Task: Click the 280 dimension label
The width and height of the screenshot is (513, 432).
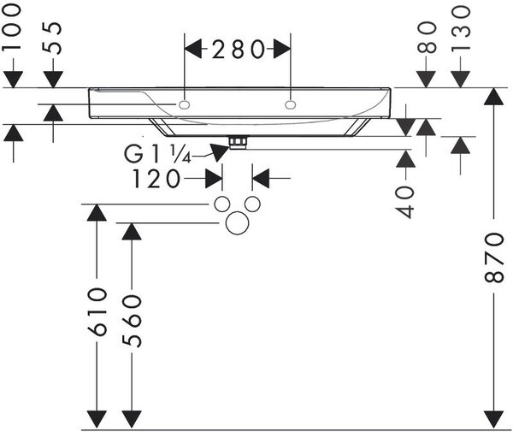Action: pyautogui.click(x=238, y=50)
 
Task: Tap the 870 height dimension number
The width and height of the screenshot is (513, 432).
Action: pyautogui.click(x=493, y=257)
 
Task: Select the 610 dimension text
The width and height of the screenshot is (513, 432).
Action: pyautogui.click(x=97, y=311)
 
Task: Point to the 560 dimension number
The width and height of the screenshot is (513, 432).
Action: pyautogui.click(x=132, y=321)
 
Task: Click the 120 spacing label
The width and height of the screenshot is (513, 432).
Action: pyautogui.click(x=156, y=179)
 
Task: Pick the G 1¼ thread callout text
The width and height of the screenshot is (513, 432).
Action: pyautogui.click(x=157, y=155)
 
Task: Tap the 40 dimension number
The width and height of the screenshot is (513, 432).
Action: pyautogui.click(x=404, y=202)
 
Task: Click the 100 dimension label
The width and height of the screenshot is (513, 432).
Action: pyautogui.click(x=12, y=27)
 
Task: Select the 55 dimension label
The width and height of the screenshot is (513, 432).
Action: pyautogui.click(x=52, y=38)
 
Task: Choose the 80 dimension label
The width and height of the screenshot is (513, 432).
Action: pyautogui.click(x=427, y=38)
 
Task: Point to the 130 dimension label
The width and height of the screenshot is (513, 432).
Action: pyautogui.click(x=461, y=29)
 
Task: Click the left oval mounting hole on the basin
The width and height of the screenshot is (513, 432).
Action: pyautogui.click(x=184, y=104)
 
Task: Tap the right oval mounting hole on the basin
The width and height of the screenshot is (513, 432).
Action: pyautogui.click(x=291, y=104)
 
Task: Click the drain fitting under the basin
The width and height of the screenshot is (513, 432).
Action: pyautogui.click(x=238, y=143)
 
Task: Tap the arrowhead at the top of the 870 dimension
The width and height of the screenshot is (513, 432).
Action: pyautogui.click(x=493, y=96)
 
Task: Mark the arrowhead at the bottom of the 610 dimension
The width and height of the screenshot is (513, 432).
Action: pyautogui.click(x=97, y=419)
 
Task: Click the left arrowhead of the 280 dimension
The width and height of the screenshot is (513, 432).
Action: pyautogui.click(x=193, y=50)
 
